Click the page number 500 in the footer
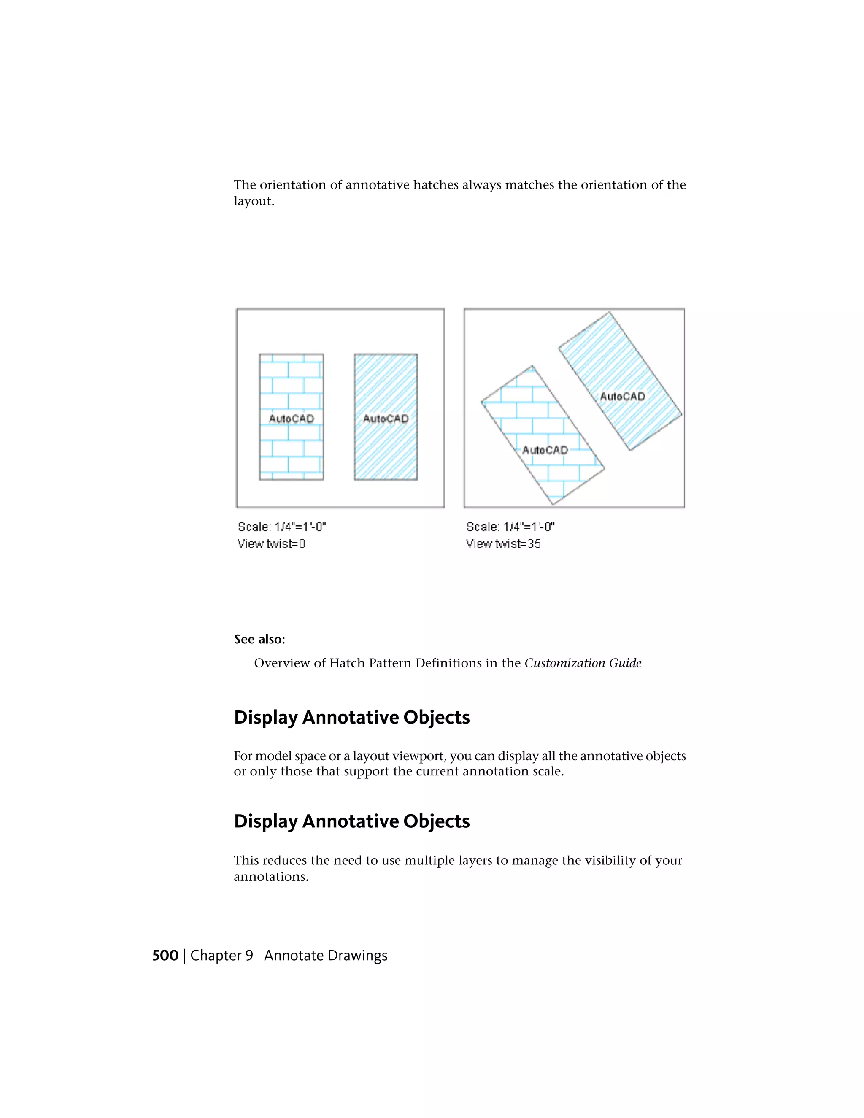[x=165, y=955]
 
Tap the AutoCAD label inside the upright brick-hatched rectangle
[x=291, y=419]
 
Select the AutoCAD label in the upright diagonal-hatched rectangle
[x=386, y=419]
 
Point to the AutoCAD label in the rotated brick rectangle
[x=545, y=450]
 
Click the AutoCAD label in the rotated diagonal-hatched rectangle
[x=622, y=396]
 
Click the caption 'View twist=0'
[x=271, y=544]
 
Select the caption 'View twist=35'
[x=503, y=544]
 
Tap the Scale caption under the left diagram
[x=281, y=527]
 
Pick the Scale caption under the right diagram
[x=510, y=527]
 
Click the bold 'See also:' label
[x=259, y=639]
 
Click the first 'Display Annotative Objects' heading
[x=352, y=717]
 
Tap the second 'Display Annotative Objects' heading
[x=352, y=821]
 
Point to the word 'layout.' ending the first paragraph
[x=254, y=201]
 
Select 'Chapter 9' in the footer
[x=221, y=955]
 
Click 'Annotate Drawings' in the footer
[x=326, y=955]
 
